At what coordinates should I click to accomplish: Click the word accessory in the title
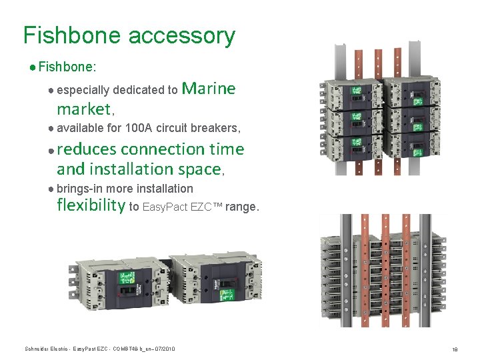181,35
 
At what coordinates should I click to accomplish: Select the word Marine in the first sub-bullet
209,89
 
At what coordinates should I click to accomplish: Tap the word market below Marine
83,109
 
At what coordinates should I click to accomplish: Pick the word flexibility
91,205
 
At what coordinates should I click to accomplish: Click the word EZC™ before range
206,207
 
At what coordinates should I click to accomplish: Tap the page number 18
454,349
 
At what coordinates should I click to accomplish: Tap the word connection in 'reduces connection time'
163,149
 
